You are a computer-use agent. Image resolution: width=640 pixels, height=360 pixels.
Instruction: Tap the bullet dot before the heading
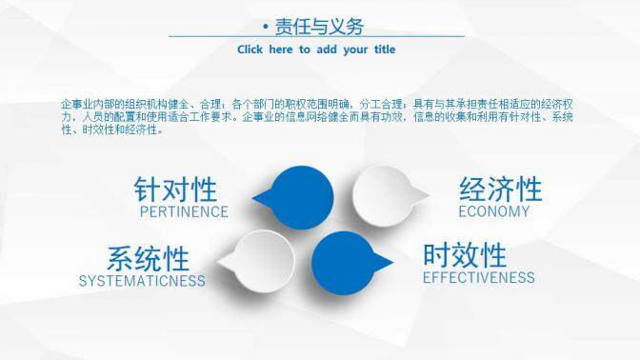(264, 28)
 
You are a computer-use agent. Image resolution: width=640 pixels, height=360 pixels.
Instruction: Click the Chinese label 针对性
(175, 189)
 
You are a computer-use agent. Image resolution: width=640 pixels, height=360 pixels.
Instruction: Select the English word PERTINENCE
(184, 211)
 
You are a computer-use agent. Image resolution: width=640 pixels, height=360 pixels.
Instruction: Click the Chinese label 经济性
(500, 189)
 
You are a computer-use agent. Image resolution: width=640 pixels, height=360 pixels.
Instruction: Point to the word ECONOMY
(493, 211)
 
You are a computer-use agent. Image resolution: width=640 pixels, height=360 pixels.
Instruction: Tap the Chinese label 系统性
(148, 258)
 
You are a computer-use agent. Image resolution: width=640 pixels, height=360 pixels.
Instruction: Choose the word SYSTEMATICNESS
(142, 281)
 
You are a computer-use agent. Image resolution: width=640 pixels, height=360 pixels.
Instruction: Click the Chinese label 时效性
(465, 255)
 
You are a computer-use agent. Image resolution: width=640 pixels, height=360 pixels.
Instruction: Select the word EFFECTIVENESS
(478, 278)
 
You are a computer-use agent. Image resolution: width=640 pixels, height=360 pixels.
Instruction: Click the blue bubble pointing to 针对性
(290, 197)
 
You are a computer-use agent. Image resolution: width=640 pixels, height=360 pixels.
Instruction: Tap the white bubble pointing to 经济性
(383, 194)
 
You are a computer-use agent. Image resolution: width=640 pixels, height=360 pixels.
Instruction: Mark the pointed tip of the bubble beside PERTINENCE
(253, 200)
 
